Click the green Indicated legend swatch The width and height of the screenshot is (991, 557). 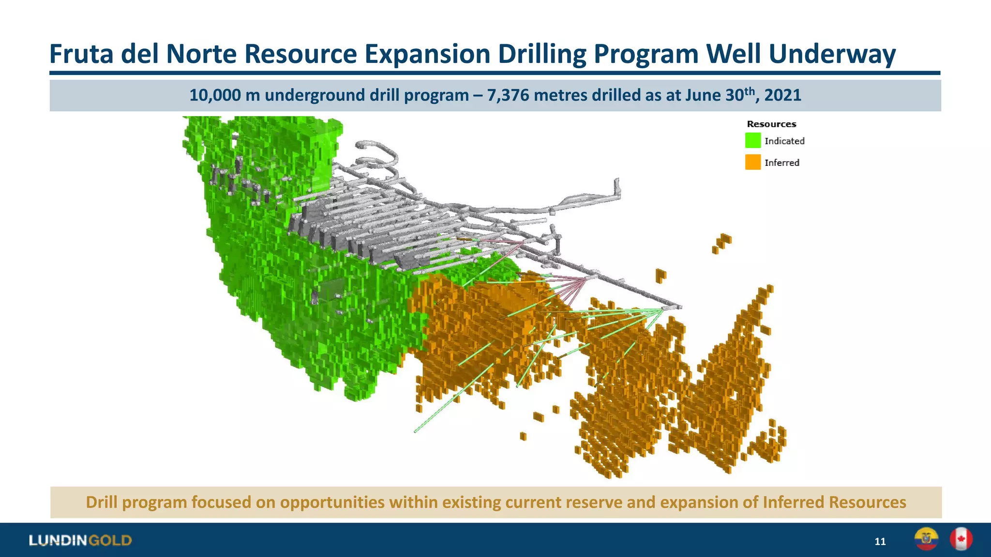click(x=753, y=141)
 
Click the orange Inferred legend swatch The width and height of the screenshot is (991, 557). click(x=753, y=162)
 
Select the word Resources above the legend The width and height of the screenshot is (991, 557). click(x=771, y=124)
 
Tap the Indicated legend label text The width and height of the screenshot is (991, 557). click(x=784, y=141)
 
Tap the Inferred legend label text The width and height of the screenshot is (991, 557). click(x=782, y=163)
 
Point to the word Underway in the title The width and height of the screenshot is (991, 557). click(x=832, y=54)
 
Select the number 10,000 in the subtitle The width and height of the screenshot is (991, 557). click(x=215, y=95)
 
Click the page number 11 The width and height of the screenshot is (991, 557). click(x=880, y=542)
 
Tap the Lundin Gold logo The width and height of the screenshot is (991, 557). click(x=80, y=540)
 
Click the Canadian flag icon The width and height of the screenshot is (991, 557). click(x=961, y=539)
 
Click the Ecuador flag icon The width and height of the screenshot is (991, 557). click(x=926, y=539)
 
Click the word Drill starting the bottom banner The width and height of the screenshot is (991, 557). click(x=102, y=502)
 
